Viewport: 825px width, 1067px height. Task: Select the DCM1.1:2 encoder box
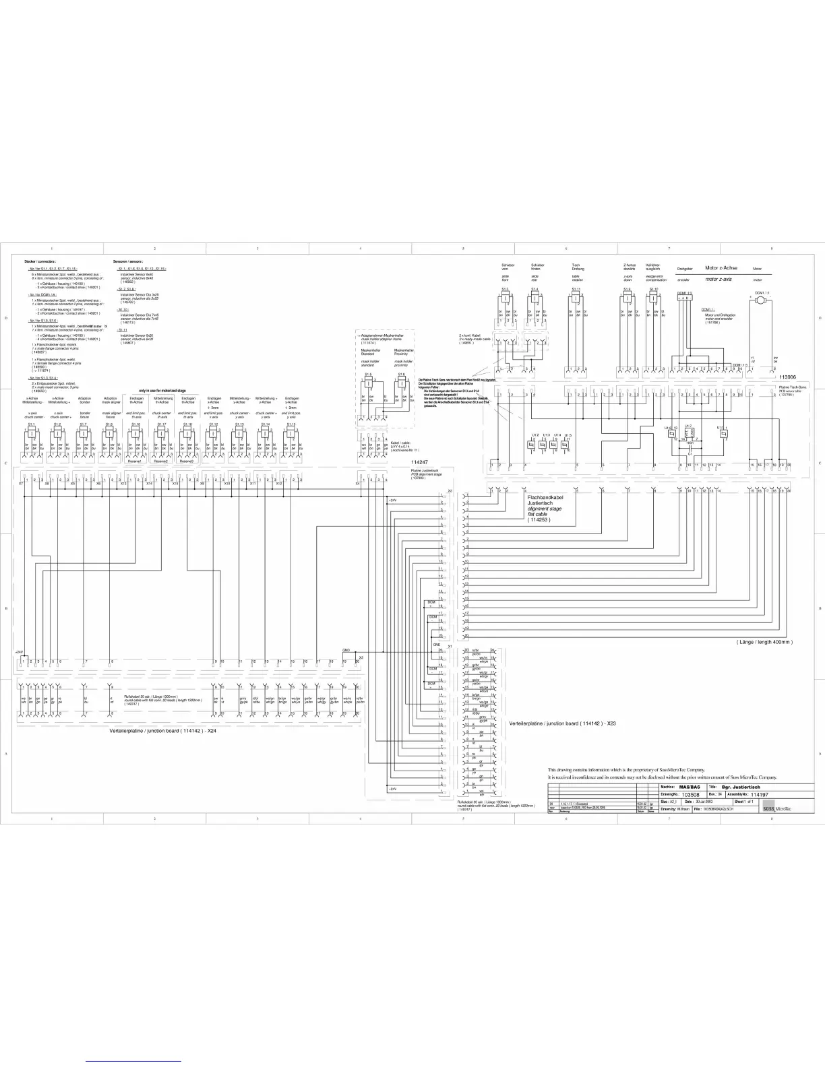coord(685,298)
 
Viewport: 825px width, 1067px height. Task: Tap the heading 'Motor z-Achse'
coord(721,267)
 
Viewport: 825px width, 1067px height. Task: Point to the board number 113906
coord(787,377)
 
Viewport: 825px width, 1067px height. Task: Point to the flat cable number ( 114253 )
coord(543,519)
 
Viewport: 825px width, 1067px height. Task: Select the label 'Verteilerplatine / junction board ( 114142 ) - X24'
coord(164,730)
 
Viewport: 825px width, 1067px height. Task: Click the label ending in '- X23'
coord(563,723)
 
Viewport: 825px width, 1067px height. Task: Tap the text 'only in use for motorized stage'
coord(162,391)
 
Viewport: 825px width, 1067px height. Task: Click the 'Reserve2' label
coord(161,462)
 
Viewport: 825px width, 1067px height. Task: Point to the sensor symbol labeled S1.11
coord(576,298)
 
